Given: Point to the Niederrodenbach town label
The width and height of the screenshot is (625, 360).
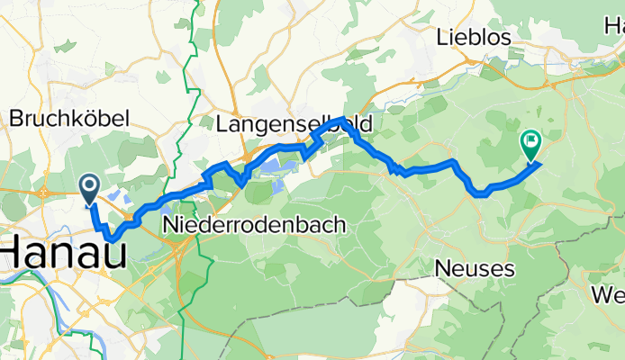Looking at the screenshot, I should [254, 226].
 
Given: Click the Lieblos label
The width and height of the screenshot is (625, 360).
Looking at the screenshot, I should [473, 38].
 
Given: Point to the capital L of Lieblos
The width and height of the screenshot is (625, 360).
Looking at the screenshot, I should [441, 38].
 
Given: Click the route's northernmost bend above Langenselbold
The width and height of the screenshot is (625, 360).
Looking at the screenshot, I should [339, 120].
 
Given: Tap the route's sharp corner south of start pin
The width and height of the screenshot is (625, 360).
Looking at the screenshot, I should [110, 238].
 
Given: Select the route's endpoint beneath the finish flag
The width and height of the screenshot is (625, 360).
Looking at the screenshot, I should [539, 163].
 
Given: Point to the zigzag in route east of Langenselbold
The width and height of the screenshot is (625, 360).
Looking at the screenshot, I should [396, 168].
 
